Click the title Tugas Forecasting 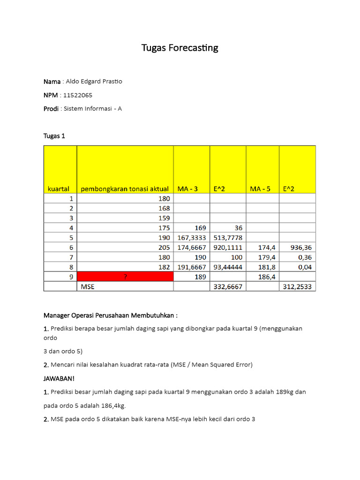point(180,48)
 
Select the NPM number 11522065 point(78,95)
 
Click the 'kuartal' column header point(59,189)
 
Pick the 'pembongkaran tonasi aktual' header point(125,189)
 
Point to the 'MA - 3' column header point(187,189)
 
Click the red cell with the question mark point(125,277)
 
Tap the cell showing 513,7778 point(228,237)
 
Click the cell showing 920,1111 point(228,247)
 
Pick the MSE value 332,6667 point(228,286)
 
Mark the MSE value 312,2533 point(297,286)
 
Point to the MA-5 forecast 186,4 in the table point(267,277)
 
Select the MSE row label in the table point(88,286)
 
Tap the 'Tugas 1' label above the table point(54,136)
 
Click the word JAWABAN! point(59,378)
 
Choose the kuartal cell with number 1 point(71,198)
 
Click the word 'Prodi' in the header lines point(51,109)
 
